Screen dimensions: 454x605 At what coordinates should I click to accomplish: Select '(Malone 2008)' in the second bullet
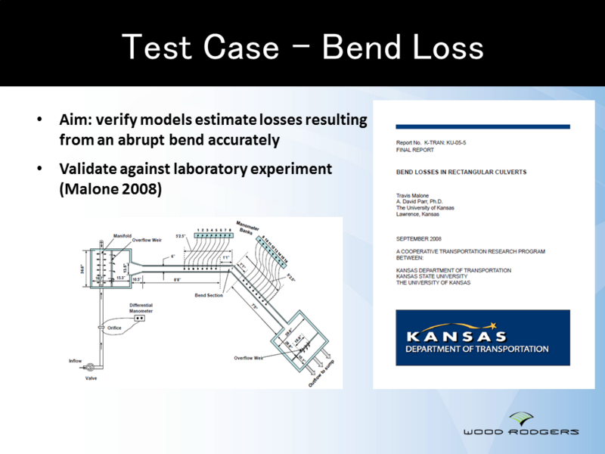(110, 189)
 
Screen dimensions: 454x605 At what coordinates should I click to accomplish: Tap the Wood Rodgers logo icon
(521, 418)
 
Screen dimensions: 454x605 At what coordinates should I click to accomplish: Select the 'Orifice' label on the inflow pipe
(114, 328)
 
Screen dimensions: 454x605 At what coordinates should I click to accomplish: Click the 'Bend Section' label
(209, 294)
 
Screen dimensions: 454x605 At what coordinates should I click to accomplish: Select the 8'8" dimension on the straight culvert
(175, 279)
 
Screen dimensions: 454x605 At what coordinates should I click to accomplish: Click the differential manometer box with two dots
(140, 319)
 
